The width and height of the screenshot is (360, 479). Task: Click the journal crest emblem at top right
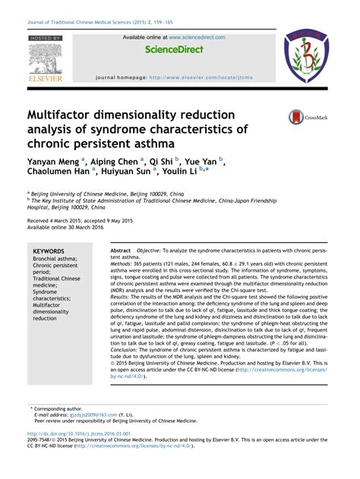tap(306, 57)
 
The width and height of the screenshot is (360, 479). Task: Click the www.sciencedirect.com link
tap(197, 36)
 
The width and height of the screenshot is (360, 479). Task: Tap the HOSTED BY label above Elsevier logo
tap(45, 36)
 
